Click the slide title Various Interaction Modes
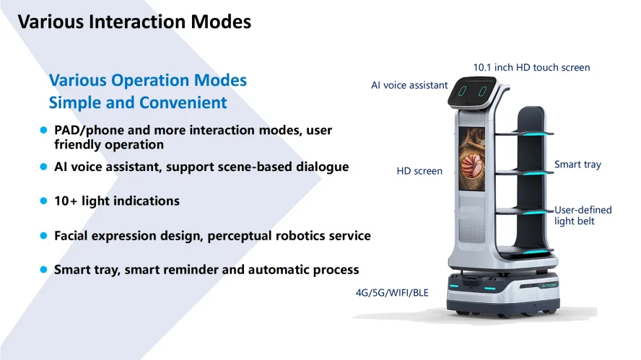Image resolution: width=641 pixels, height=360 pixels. click(134, 22)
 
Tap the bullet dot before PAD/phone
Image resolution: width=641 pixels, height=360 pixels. click(44, 131)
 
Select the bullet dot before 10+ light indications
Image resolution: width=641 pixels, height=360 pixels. click(44, 201)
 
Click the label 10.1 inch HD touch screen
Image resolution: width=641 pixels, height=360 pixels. click(531, 67)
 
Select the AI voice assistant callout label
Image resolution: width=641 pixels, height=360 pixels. click(409, 85)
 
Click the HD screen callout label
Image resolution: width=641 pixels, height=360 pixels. click(419, 171)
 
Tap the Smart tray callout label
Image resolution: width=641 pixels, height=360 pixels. click(577, 164)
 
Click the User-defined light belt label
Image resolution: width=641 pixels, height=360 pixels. click(583, 215)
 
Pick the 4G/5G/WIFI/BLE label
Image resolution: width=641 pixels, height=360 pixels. click(392, 293)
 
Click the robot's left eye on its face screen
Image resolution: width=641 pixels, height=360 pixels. click(463, 91)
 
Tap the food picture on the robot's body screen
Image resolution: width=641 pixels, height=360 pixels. click(472, 159)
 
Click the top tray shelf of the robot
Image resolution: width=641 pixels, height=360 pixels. click(525, 133)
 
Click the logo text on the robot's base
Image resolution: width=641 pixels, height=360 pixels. click(549, 285)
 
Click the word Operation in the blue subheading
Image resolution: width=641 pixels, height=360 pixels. click(150, 81)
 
